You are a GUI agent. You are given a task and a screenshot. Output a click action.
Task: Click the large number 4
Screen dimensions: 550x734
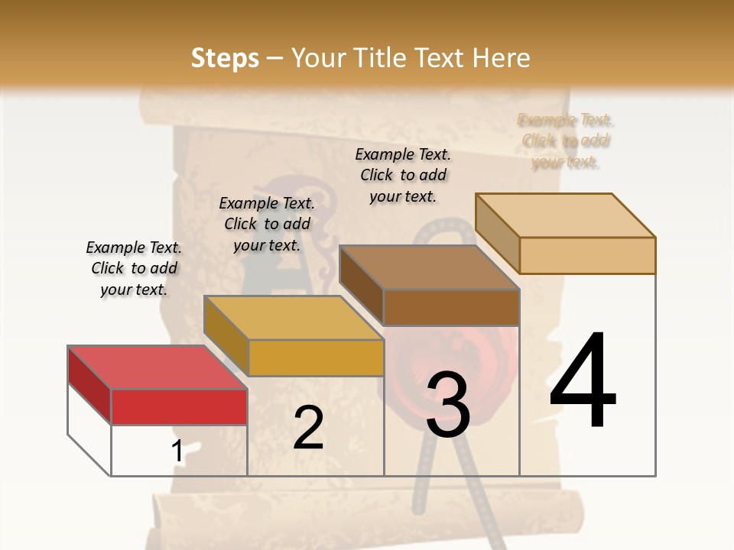click(x=583, y=382)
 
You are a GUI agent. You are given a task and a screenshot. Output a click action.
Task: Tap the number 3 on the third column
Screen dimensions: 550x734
click(x=448, y=405)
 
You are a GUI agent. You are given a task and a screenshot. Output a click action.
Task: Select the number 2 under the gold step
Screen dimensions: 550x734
click(x=308, y=428)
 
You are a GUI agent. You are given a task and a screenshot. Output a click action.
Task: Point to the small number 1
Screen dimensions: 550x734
click(x=177, y=451)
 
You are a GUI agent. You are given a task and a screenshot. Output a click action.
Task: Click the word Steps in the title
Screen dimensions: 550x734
click(x=225, y=58)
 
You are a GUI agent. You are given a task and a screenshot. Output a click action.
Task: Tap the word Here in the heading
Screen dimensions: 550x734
click(x=502, y=58)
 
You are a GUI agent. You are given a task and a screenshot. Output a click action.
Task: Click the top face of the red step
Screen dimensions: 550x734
click(x=157, y=367)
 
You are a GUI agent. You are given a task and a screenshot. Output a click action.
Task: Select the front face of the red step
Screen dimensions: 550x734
click(x=179, y=406)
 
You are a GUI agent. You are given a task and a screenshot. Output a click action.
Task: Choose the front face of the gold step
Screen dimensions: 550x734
click(x=316, y=357)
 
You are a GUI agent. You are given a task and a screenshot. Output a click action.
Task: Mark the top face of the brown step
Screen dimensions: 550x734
click(x=429, y=267)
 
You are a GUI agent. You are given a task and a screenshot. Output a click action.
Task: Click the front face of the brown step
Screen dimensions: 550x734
click(x=451, y=307)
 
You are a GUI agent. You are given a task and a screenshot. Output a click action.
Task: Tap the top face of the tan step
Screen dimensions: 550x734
click(x=565, y=215)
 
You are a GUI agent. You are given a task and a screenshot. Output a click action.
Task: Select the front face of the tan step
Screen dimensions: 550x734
click(x=587, y=255)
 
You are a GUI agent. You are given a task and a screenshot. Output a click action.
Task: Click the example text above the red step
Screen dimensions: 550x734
click(x=134, y=268)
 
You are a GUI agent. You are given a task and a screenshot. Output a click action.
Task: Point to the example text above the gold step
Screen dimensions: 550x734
click(x=267, y=224)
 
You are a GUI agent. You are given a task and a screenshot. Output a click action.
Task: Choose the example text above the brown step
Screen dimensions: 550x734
click(x=403, y=175)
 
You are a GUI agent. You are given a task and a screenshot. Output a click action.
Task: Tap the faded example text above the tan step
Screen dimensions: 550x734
click(x=566, y=141)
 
